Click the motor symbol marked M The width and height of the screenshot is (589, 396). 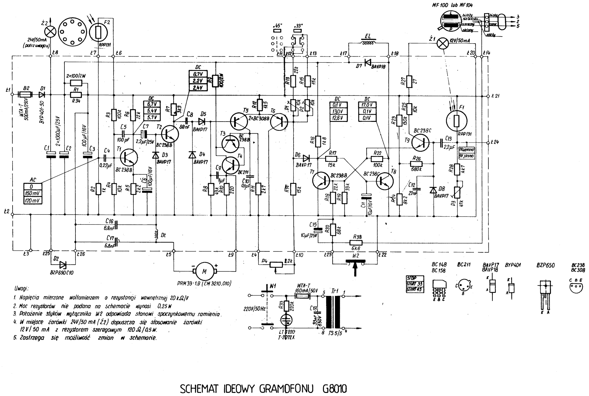pyautogui.click(x=204, y=270)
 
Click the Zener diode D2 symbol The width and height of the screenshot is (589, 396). pyautogui.click(x=63, y=264)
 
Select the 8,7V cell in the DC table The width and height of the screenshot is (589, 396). pyautogui.click(x=198, y=74)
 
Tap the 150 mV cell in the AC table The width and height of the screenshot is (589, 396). pyautogui.click(x=33, y=194)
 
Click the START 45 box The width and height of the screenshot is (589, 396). pyautogui.click(x=415, y=289)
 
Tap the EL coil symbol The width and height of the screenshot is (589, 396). pyautogui.click(x=368, y=43)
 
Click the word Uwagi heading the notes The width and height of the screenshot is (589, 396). pyautogui.click(x=21, y=289)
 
